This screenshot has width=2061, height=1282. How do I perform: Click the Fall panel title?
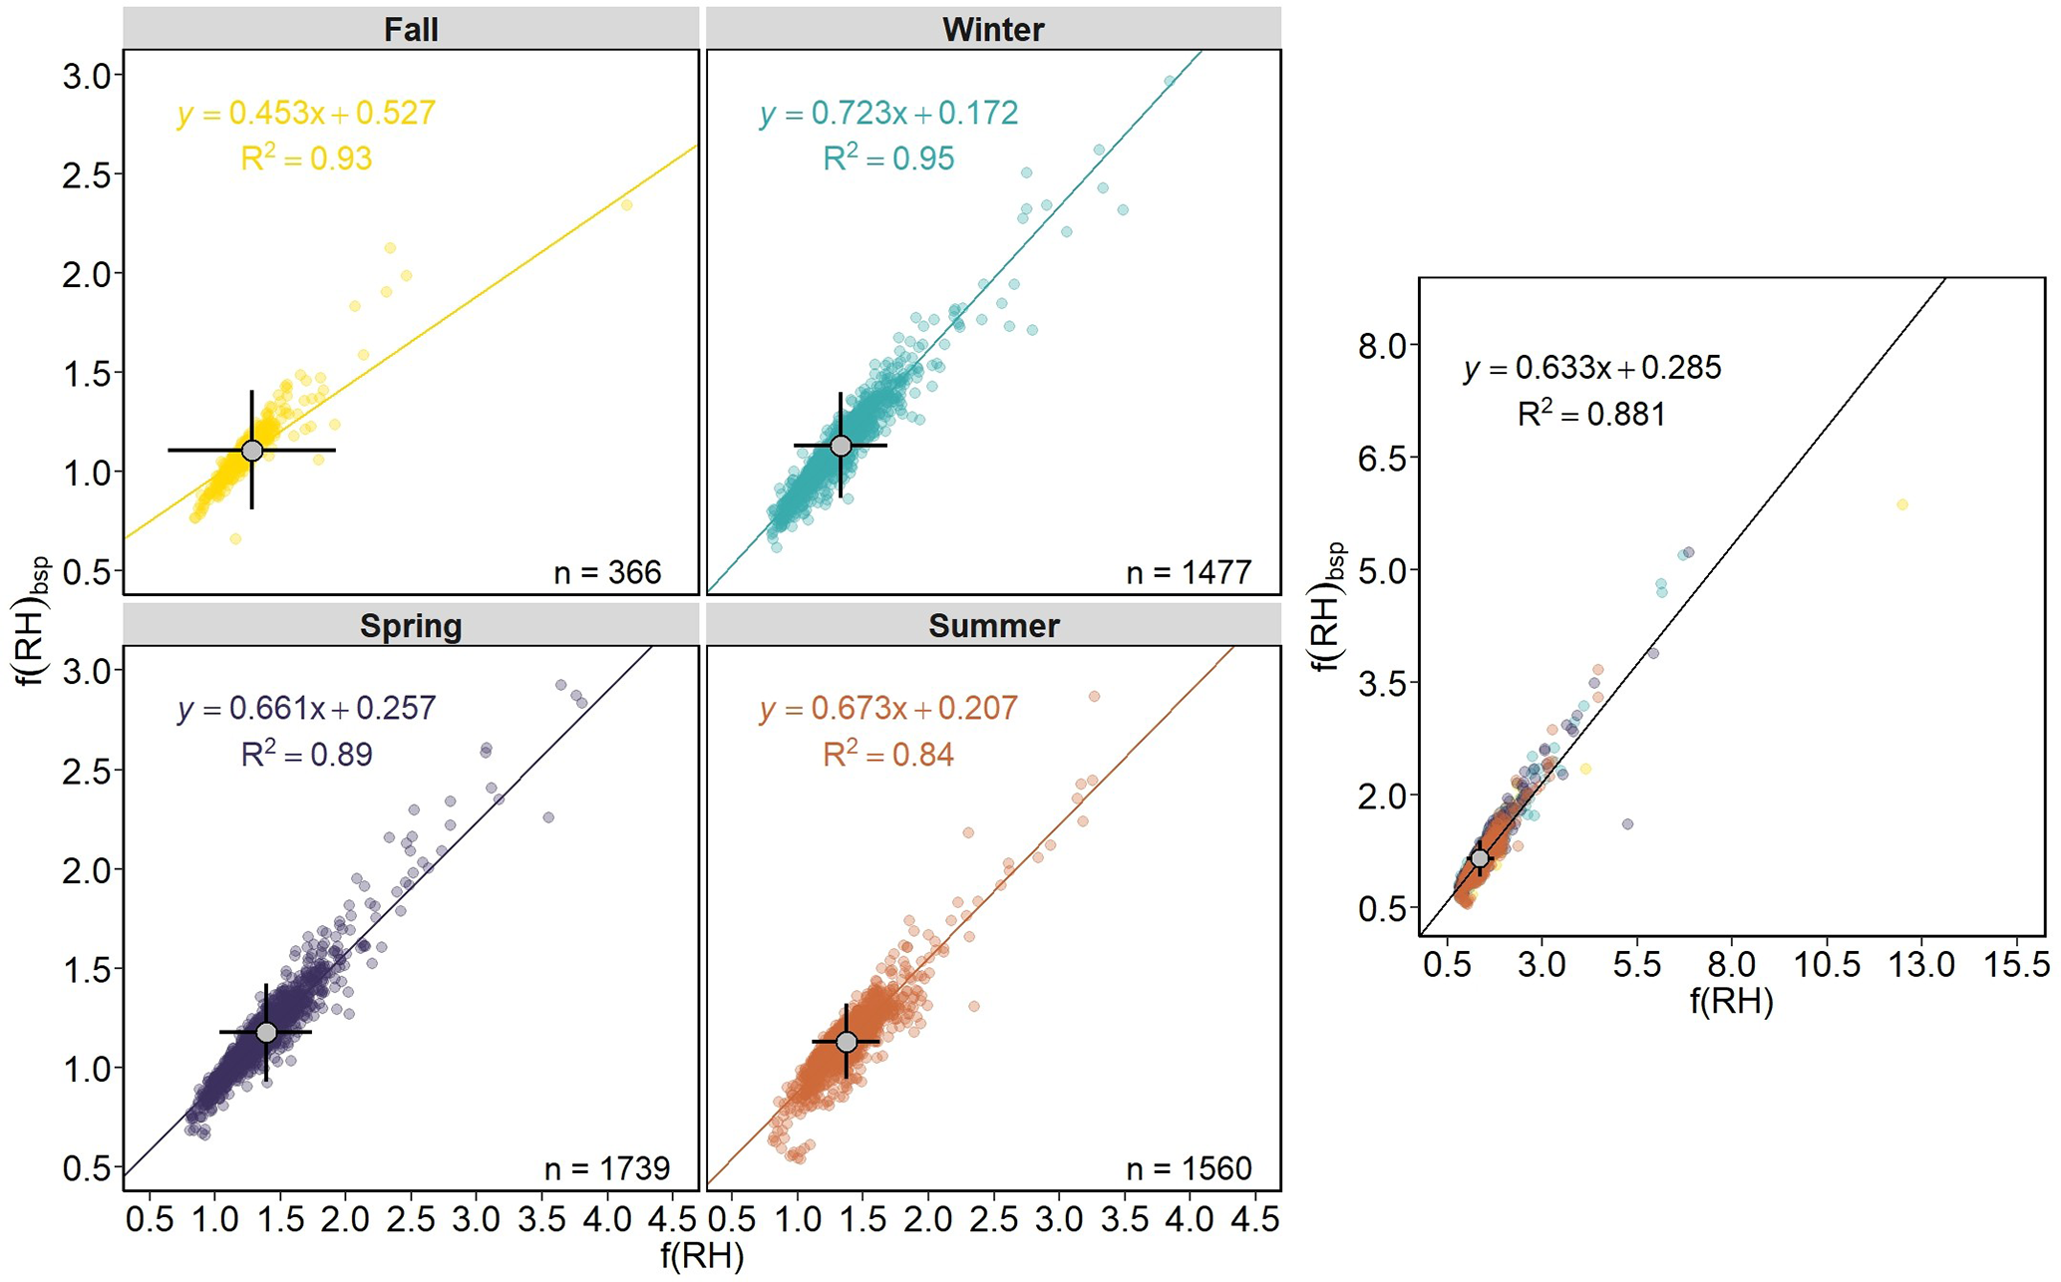point(411,29)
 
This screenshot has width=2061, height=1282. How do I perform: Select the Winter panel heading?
point(993,29)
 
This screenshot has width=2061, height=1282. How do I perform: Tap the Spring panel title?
point(411,625)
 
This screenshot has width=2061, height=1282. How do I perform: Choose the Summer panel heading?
point(993,625)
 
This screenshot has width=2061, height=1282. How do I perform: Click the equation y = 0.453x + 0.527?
point(307,113)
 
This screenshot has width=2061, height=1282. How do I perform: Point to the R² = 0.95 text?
point(888,158)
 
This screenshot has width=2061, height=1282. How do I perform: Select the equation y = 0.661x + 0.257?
point(307,708)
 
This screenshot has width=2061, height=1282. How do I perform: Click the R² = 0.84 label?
point(888,754)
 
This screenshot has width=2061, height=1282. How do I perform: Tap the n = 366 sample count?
point(607,572)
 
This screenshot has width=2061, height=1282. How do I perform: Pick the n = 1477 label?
point(1189,572)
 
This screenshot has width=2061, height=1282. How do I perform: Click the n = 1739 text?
point(607,1167)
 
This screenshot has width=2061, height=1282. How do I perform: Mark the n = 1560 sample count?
point(1189,1167)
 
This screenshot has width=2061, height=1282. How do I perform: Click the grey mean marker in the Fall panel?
point(252,451)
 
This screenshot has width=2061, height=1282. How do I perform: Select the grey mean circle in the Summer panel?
point(847,1042)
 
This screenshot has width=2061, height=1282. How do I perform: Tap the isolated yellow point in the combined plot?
point(1902,504)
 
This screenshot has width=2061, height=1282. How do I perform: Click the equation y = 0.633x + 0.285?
point(1592,368)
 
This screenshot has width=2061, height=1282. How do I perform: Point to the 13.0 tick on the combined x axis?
point(1922,964)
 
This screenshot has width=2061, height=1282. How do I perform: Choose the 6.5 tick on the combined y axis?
point(1384,459)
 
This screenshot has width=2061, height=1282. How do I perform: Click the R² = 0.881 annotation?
point(1591,414)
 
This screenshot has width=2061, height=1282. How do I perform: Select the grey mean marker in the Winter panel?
point(841,446)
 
